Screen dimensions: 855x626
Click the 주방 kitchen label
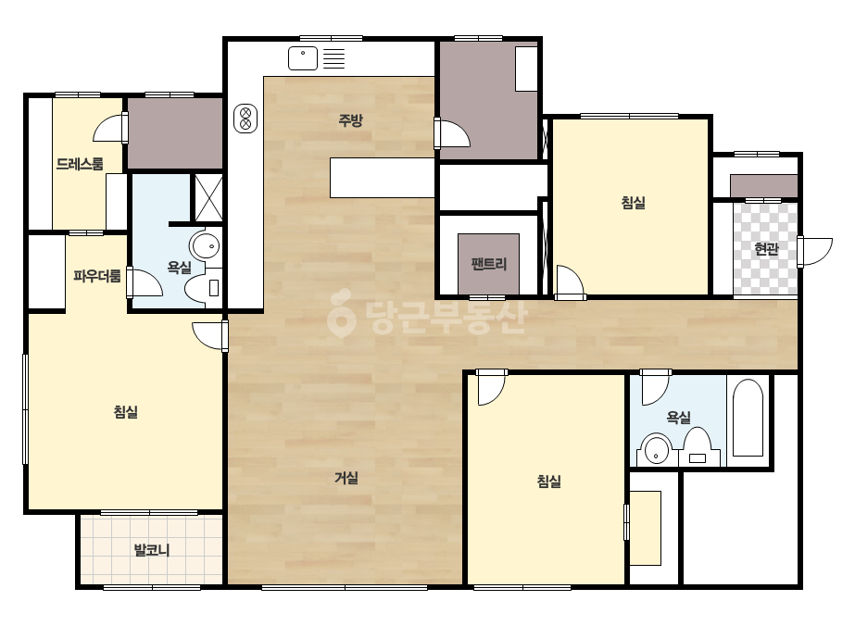[x=350, y=120]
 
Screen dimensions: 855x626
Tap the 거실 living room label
[x=346, y=478]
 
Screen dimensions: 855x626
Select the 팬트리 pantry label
[x=488, y=264]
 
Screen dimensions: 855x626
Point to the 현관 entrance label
[x=766, y=249]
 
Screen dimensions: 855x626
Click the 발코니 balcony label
[x=152, y=550]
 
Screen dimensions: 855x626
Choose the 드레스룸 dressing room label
[x=80, y=164]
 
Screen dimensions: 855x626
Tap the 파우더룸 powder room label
[x=97, y=276]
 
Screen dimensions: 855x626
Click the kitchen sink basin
[x=303, y=58]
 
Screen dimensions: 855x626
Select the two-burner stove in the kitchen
[x=245, y=119]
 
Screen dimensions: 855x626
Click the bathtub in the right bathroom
[x=747, y=419]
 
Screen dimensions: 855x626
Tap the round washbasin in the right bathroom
[x=657, y=451]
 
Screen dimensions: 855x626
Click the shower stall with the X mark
[x=208, y=197]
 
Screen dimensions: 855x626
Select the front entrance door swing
[x=815, y=251]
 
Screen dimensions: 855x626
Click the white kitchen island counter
[x=383, y=178]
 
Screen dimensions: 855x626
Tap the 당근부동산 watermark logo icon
[x=341, y=314]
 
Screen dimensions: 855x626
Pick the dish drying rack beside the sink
[x=333, y=58]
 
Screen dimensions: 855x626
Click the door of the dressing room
[x=110, y=129]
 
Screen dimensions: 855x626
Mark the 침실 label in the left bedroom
[x=125, y=412]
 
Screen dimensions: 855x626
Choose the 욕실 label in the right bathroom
[x=678, y=418]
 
